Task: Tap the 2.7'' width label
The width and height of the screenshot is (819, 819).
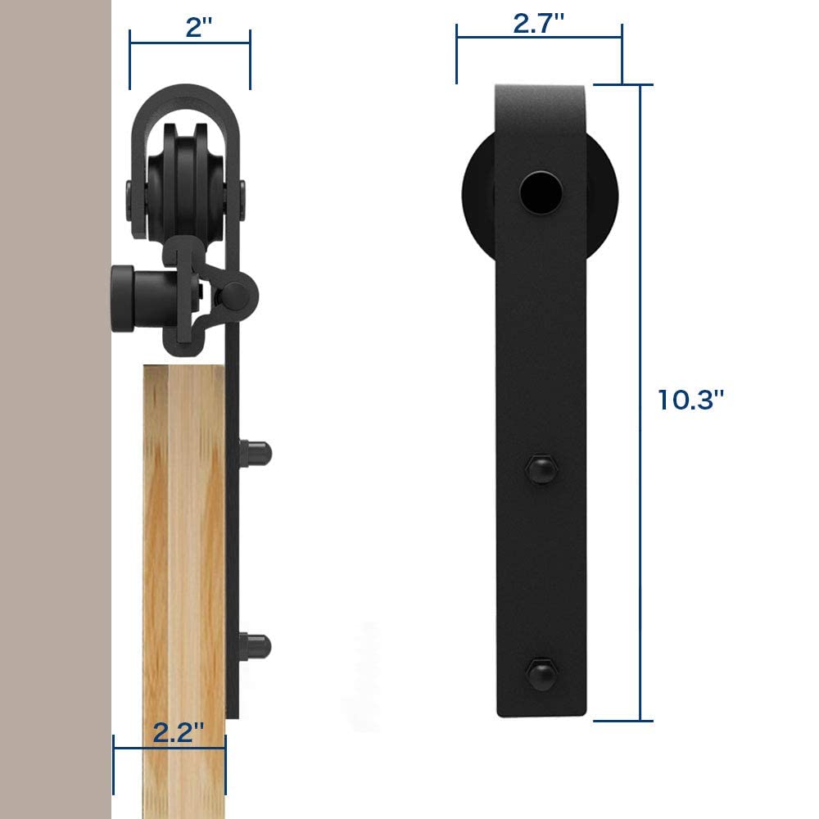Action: point(539,24)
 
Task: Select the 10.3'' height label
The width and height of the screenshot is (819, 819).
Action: point(691,400)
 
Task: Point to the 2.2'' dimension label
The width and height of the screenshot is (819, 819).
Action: point(177,732)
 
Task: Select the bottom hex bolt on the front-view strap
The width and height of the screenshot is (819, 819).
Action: point(541,673)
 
